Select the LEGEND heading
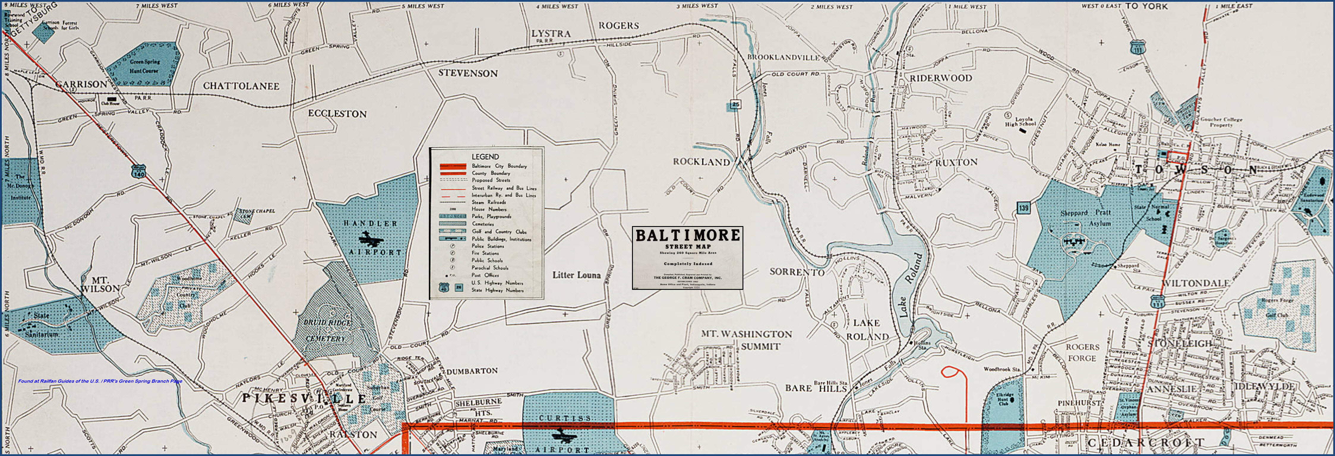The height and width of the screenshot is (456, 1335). coord(485,156)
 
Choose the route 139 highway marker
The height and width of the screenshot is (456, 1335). coord(1023,208)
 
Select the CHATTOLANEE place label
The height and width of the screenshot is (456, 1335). coord(241,86)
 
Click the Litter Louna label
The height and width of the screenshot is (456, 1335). coord(576,275)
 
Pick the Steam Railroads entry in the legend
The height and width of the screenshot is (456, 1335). coord(488,202)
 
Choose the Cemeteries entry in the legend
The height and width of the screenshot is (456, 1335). coord(483,224)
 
